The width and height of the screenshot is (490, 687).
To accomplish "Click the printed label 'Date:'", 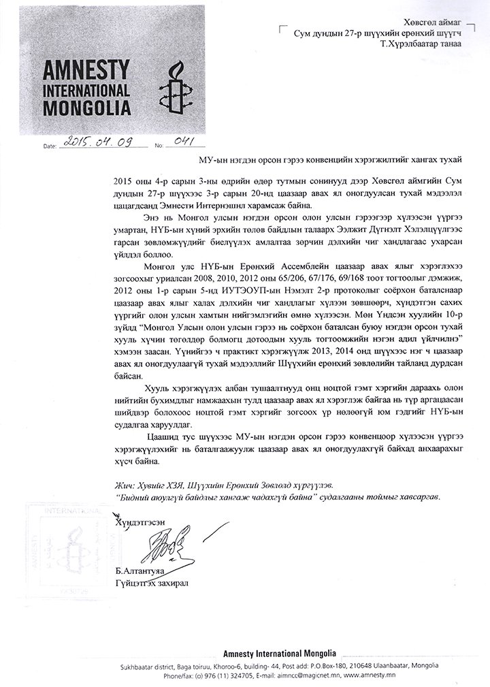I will pyautogui.click(x=51, y=146).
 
